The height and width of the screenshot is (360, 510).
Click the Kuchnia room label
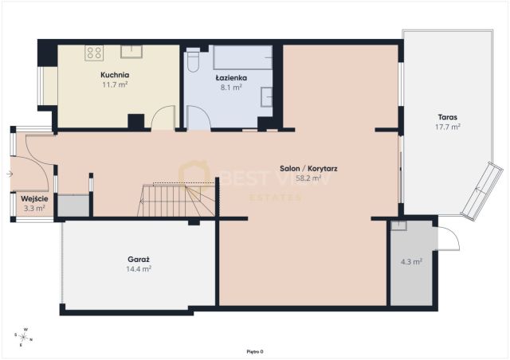pos(115,75)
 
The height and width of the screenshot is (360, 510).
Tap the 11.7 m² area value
pos(115,85)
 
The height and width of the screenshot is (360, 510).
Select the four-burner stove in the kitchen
pos(94,53)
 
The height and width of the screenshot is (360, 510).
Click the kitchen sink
pos(131,52)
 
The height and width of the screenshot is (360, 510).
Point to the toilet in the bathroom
pos(193,61)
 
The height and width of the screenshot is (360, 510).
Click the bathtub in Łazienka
pos(242,57)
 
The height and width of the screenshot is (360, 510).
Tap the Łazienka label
pos(231,78)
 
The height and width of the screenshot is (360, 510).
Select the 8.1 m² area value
pos(231,87)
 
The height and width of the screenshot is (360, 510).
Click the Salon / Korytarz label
pos(308,169)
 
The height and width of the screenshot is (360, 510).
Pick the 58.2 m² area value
pos(308,178)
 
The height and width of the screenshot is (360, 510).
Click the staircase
pos(176,200)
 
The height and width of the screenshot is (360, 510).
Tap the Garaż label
pos(139,260)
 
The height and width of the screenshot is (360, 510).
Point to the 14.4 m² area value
pos(139,269)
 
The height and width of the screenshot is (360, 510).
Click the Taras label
pos(448,117)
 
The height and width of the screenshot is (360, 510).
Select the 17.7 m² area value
pos(448,127)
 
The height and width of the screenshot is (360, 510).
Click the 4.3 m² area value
pos(411,261)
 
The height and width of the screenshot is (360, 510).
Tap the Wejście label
pos(34,198)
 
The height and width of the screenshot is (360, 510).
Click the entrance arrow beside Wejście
pos(10,174)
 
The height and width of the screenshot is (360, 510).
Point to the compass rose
pos(23,337)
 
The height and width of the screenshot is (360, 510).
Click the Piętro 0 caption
pos(255,351)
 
